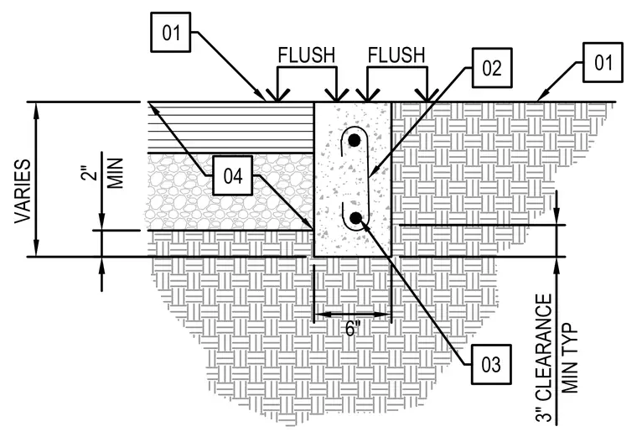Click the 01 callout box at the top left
171,32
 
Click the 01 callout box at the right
603,62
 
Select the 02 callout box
492,68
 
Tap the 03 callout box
491,364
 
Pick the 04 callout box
233,175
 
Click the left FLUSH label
307,55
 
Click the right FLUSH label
396,55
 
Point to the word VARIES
23,191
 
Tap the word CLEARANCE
544,346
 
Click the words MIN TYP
570,358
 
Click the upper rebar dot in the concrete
355,141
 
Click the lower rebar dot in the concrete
356,218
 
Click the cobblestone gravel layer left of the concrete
230,192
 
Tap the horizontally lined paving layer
230,127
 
